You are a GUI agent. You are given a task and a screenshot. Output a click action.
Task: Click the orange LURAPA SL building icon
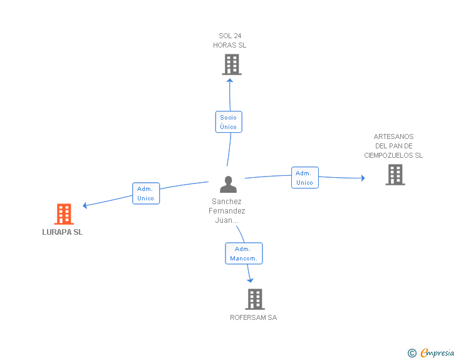coord(64,214)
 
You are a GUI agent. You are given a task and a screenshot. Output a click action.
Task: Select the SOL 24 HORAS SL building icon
coord(232,64)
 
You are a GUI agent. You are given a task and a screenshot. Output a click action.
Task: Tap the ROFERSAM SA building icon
coord(254,299)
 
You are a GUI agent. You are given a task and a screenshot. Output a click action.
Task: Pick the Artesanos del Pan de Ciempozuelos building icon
coord(395,175)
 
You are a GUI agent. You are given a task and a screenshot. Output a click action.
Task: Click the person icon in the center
coord(228,184)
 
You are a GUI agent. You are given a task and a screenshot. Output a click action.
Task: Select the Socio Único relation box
coord(229,122)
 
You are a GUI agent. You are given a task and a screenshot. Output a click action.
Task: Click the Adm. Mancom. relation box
coord(244,254)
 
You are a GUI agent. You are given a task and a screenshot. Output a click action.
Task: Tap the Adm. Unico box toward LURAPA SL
coord(146,193)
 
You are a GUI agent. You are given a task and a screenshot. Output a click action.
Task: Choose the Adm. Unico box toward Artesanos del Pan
coord(305,178)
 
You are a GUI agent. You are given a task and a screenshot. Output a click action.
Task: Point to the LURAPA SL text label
coord(62,232)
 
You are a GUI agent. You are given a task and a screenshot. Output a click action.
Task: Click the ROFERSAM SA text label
coord(253,317)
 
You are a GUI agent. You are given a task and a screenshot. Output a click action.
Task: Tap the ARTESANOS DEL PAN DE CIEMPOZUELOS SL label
coord(393,146)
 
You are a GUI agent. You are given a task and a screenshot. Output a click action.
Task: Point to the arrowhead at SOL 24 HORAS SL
coord(230,80)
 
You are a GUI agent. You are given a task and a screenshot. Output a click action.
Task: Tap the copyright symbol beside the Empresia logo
coord(412,354)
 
